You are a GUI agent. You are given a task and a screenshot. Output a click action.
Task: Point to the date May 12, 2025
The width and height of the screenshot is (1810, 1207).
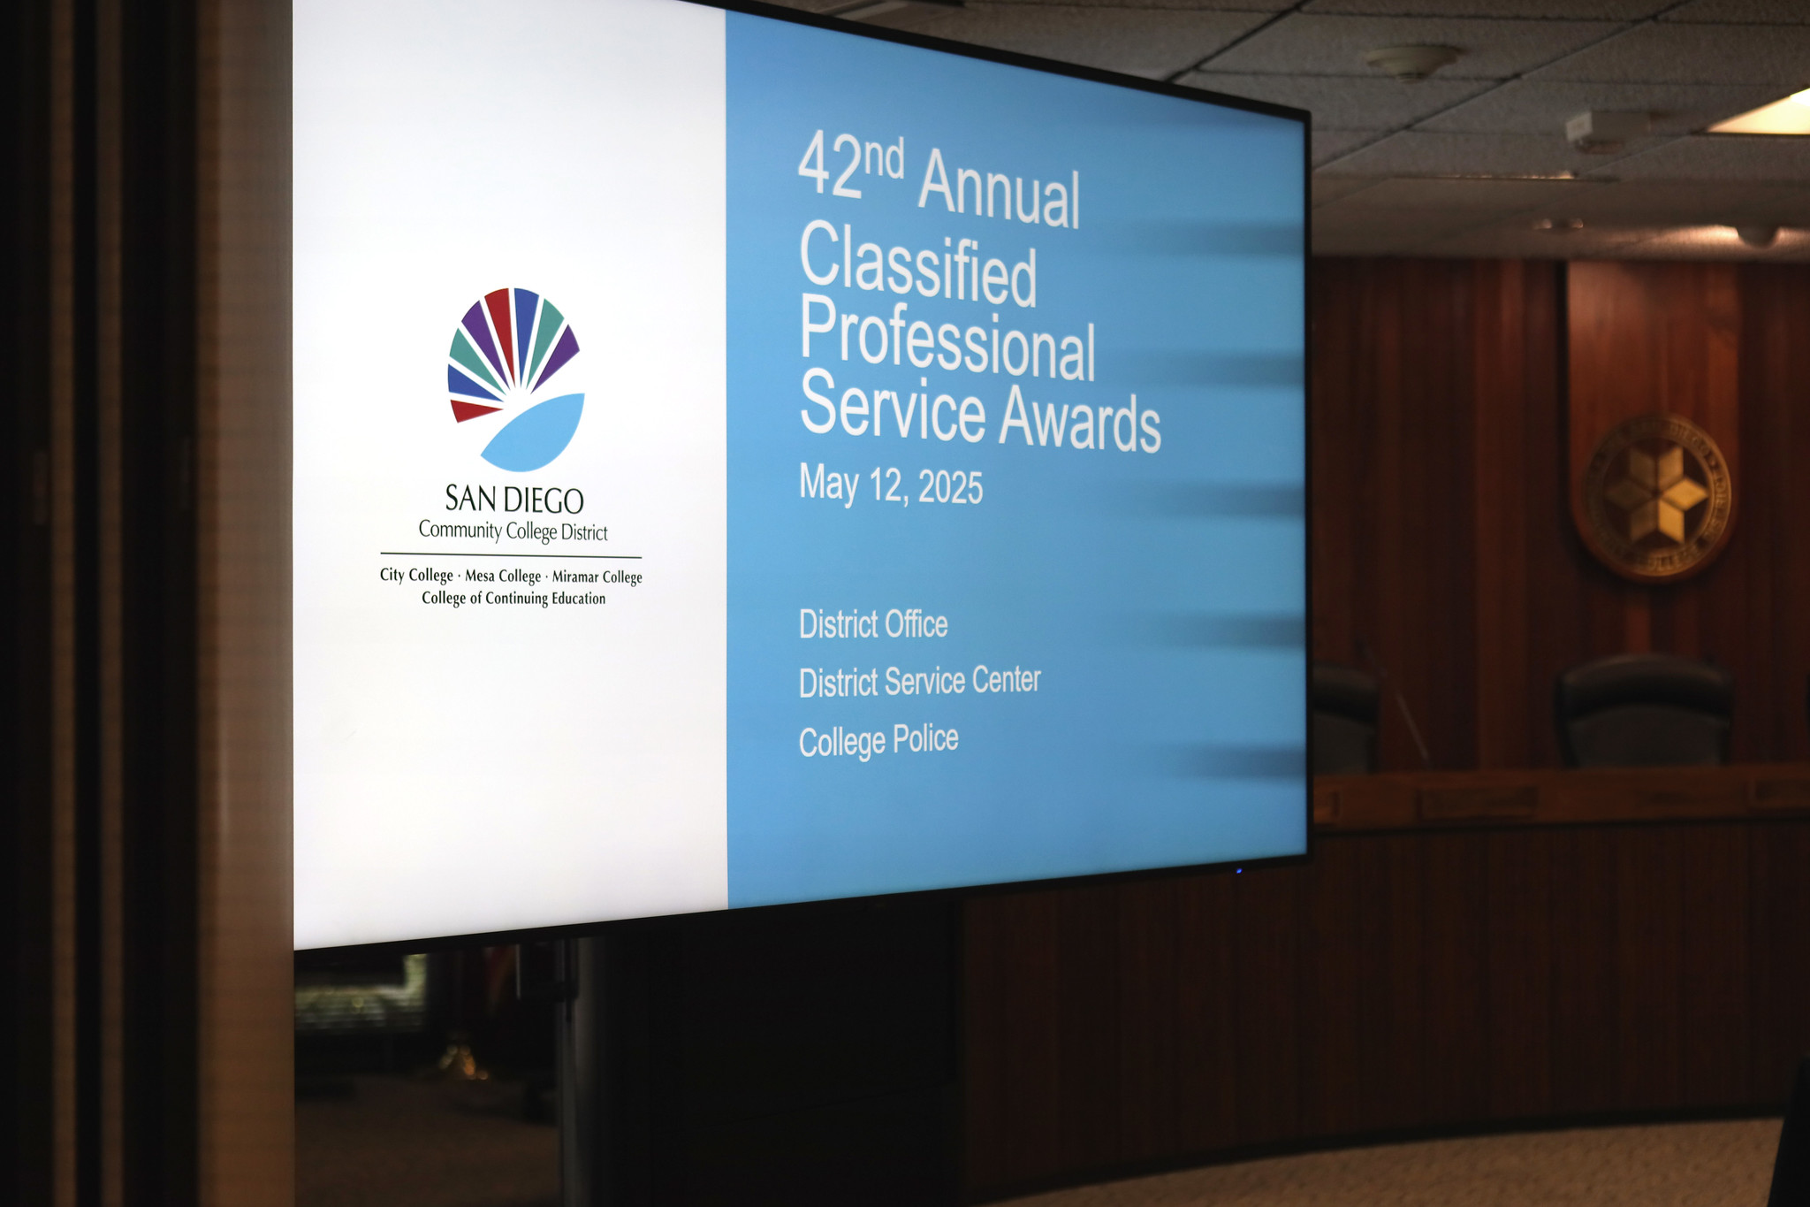pos(891,485)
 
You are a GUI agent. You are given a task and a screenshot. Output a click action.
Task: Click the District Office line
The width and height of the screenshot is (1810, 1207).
pos(873,624)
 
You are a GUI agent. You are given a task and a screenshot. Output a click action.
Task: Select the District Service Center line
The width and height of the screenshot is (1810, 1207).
pos(919,682)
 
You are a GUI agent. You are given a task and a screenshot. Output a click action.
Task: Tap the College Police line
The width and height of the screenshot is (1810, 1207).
pos(878,740)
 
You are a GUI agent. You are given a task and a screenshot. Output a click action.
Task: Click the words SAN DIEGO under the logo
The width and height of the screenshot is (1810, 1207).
pos(513,500)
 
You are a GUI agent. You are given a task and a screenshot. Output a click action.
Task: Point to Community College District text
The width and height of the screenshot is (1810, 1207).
pos(513,531)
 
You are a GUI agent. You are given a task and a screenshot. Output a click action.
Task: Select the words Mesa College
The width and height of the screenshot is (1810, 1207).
pos(503,576)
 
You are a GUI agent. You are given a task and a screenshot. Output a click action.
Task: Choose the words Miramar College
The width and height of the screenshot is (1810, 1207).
pos(597,577)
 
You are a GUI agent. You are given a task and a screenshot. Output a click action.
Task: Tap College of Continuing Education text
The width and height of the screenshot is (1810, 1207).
pos(513,599)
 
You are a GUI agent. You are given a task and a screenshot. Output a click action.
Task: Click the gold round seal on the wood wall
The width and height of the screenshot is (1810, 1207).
pos(1654,496)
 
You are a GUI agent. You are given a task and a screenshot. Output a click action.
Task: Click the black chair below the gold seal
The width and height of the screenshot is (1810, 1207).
pos(1644,712)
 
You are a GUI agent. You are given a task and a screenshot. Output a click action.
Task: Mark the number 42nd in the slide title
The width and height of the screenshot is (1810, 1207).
pos(849,167)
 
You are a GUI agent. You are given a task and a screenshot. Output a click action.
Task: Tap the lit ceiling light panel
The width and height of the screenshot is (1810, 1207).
pos(1764,116)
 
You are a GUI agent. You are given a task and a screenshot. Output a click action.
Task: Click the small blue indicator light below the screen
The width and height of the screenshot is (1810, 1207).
pos(1239,870)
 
